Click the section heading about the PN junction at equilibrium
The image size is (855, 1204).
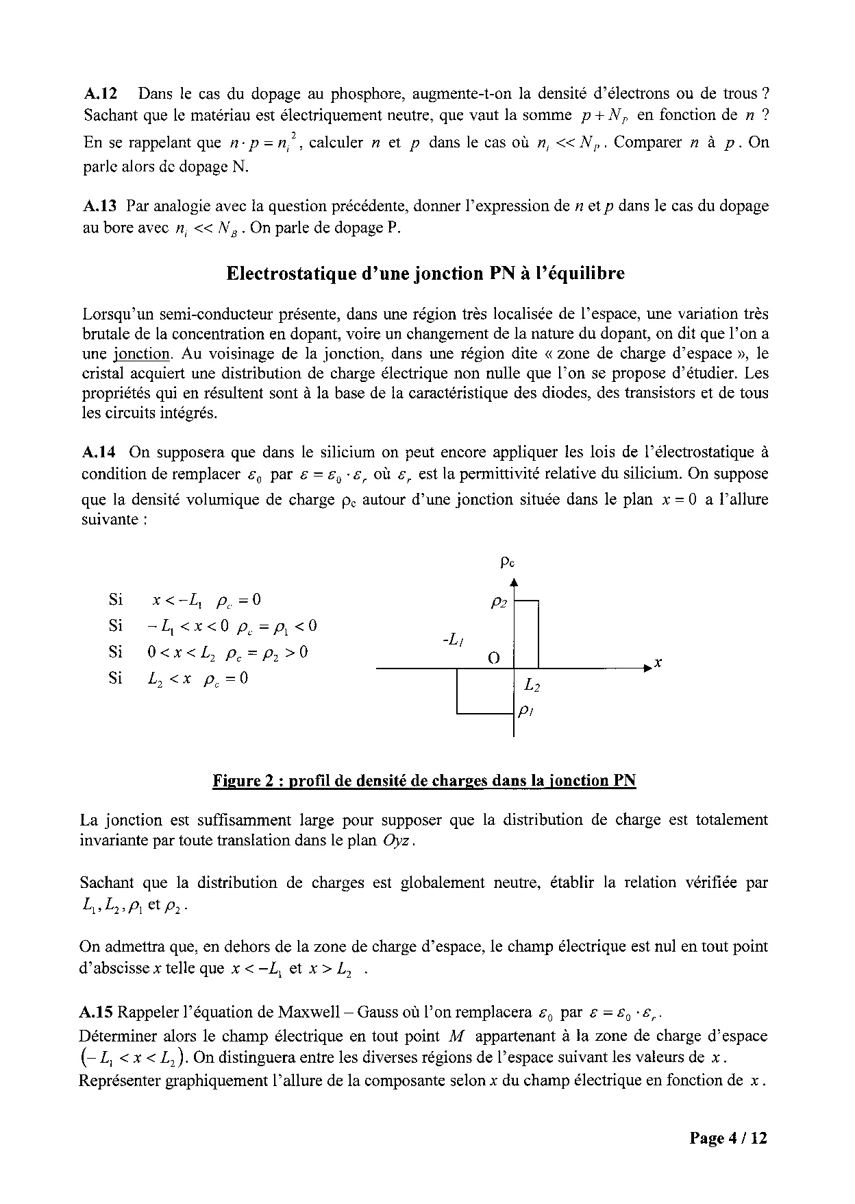point(425,273)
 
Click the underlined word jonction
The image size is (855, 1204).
point(141,354)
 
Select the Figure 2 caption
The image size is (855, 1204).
point(424,780)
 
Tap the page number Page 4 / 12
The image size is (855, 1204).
point(728,1138)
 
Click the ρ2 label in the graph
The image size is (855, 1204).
point(499,603)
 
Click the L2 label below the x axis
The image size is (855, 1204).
point(532,684)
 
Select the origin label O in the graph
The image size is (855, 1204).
point(493,659)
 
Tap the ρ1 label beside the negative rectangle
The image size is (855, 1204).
point(526,711)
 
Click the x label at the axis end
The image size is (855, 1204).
point(658,663)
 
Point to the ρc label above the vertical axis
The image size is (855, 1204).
point(508,563)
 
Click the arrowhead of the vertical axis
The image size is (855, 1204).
point(514,582)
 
